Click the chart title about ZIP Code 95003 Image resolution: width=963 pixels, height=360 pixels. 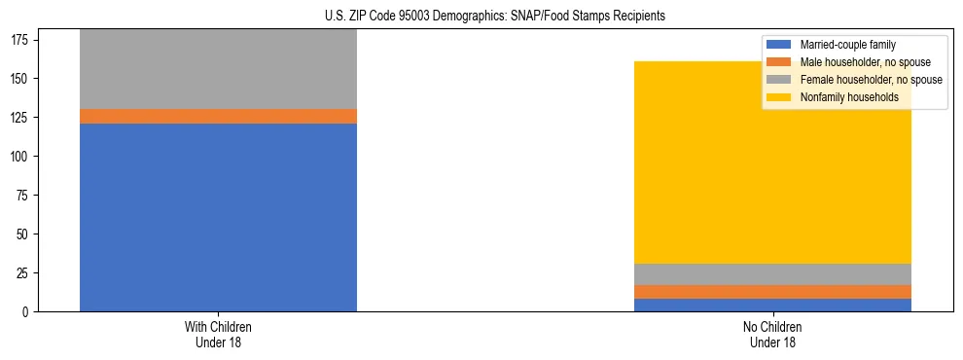[x=481, y=17]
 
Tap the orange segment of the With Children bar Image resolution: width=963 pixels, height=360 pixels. [x=218, y=116]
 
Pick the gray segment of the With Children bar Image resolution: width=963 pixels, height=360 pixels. [x=218, y=69]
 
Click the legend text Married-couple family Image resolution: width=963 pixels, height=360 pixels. [x=847, y=45]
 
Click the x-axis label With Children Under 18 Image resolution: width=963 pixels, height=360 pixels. [x=218, y=334]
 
